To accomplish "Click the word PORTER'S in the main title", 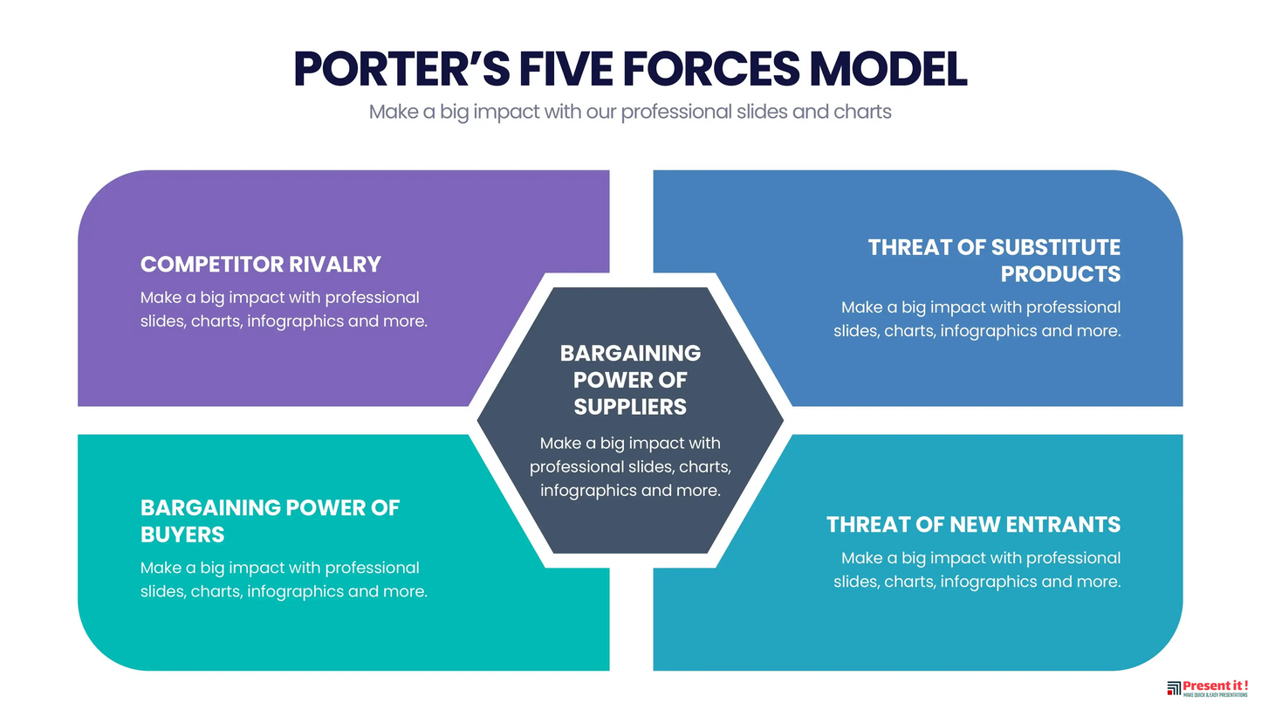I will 401,69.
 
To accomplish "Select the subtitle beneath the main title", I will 630,112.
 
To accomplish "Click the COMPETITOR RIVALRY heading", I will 261,264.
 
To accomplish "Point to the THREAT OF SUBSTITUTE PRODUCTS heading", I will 994,260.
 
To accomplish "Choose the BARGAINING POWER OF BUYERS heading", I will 270,520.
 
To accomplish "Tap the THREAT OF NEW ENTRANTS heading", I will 973,524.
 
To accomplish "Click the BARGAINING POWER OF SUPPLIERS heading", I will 630,380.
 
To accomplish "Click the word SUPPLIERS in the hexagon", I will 630,407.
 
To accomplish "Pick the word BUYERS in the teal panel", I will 182,534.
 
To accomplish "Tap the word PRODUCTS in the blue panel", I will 1060,274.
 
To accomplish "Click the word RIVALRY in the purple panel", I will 336,264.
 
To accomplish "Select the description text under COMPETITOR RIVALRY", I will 284,309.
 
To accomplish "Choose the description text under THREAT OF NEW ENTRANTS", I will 977,569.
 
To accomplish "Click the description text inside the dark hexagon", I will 630,466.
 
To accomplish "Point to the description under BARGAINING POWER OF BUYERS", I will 284,580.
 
